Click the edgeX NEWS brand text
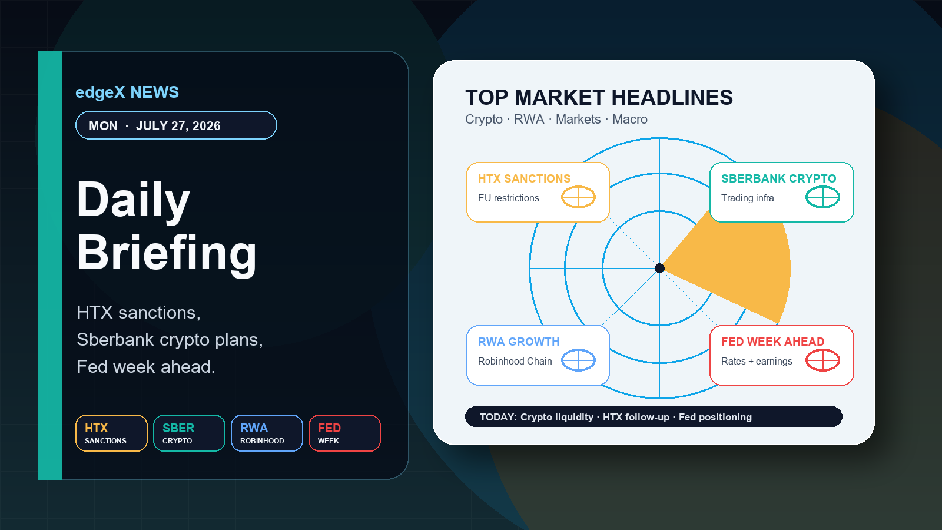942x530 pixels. pos(127,92)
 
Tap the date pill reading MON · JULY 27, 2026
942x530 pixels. pos(176,125)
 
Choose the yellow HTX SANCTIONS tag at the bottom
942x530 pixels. pos(111,433)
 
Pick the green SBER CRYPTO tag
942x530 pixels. pos(189,433)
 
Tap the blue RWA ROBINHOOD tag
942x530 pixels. pos(267,433)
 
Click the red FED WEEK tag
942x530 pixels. pos(345,433)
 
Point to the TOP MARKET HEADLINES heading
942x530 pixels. pos(599,98)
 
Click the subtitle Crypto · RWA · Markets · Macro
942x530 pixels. pos(556,120)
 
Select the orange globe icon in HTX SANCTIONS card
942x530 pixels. pos(578,197)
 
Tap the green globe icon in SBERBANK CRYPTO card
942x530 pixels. pos(822,197)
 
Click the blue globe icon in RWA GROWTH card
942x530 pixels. pos(578,360)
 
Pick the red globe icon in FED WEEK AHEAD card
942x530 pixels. pos(822,360)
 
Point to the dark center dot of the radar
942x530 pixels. pos(660,268)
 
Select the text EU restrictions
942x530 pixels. pos(509,198)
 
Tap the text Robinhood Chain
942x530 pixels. pos(515,362)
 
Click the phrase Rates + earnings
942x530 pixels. pos(757,362)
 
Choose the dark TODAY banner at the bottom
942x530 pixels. pos(654,417)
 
